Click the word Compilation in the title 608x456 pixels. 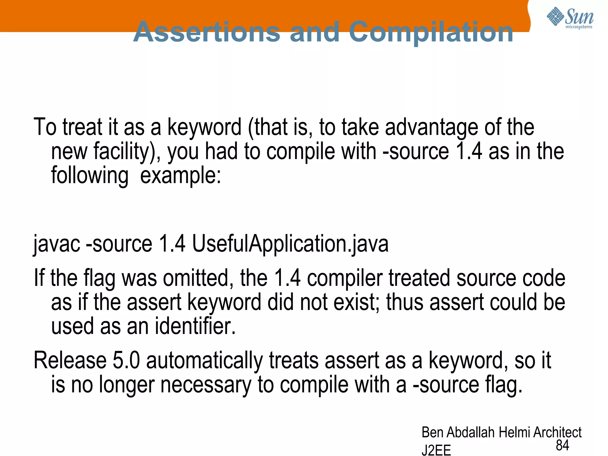click(431, 32)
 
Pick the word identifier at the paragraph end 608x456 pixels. click(195, 326)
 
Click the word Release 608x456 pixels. click(70, 360)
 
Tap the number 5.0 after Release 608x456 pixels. click(126, 360)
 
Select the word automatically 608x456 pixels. click(205, 360)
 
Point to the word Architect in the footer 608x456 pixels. click(557, 433)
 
